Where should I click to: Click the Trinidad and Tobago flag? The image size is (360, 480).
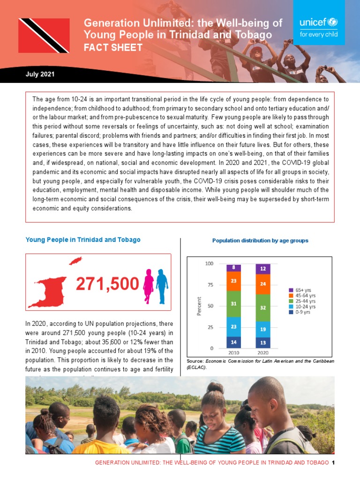44,36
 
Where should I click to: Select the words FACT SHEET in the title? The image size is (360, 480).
113,47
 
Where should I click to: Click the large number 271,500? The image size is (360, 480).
107,284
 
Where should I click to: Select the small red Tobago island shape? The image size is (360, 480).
75,260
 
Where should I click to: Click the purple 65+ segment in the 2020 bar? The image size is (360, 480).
263,269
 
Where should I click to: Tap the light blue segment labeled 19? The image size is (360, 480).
263,329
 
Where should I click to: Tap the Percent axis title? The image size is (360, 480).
199,306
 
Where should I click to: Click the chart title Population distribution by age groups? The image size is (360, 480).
260,240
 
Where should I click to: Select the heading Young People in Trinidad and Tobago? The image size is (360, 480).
83,240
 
